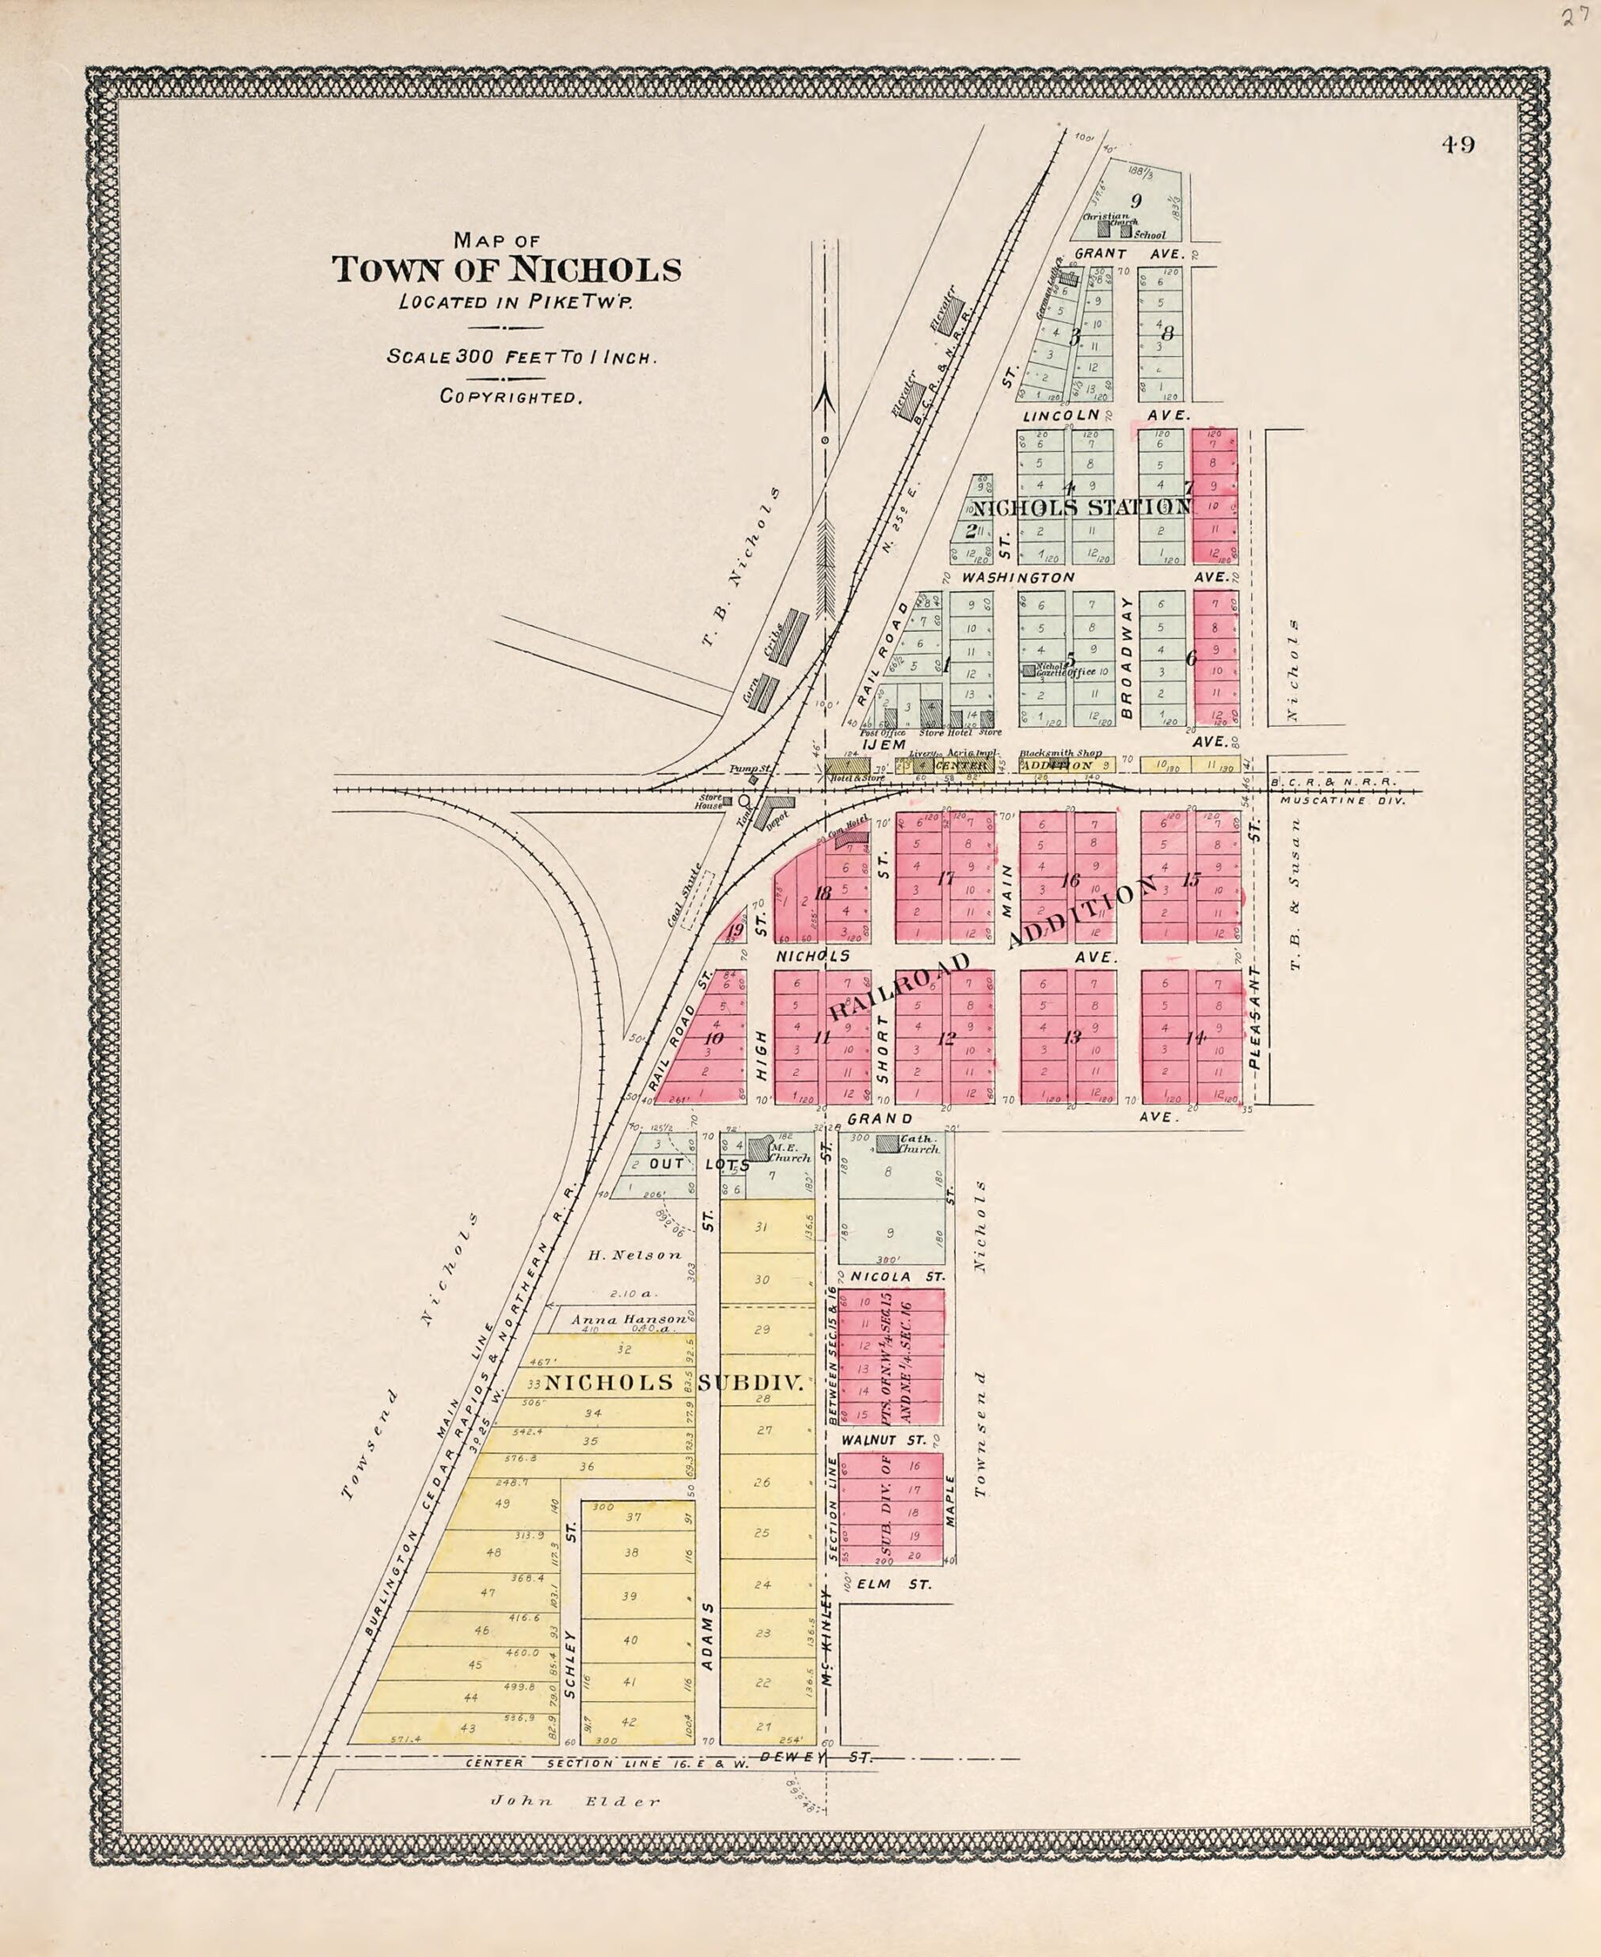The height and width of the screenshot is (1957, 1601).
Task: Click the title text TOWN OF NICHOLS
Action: pyautogui.click(x=506, y=270)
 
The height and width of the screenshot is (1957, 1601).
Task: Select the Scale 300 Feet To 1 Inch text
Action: pyautogui.click(x=521, y=357)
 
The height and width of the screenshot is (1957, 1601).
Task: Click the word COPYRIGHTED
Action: pyautogui.click(x=511, y=397)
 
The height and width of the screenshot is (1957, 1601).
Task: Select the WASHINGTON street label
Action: pyautogui.click(x=1018, y=577)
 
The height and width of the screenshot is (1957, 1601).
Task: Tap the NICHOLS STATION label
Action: pyautogui.click(x=1081, y=507)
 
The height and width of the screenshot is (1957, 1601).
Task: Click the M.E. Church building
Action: pyautogui.click(x=758, y=1147)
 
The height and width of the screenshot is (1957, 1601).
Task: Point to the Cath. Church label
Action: pyautogui.click(x=918, y=1144)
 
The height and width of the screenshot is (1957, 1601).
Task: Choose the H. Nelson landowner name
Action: pyautogui.click(x=634, y=1254)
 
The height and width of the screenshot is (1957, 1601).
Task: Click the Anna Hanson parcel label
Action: pyautogui.click(x=628, y=1320)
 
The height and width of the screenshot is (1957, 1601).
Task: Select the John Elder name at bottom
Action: pyautogui.click(x=576, y=1799)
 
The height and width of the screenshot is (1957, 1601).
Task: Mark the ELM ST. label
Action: pyautogui.click(x=886, y=1583)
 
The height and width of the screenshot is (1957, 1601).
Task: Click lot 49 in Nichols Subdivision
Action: pyautogui.click(x=502, y=1503)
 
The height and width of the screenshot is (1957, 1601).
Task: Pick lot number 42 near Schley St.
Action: pyautogui.click(x=629, y=1721)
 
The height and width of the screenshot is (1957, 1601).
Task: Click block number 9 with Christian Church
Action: pyautogui.click(x=1135, y=200)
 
